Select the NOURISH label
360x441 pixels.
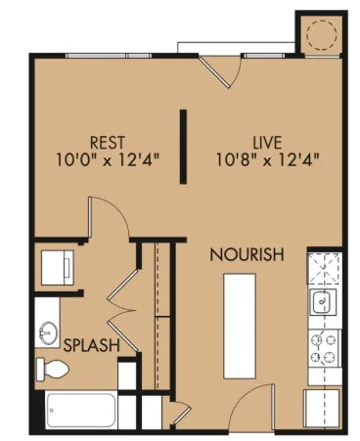pos(247,254)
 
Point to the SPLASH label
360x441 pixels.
pos(92,345)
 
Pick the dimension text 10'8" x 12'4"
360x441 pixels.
pos(260,155)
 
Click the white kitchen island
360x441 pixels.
pos(240,327)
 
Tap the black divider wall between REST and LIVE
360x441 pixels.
pos(183,147)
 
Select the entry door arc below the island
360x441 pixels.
pos(256,403)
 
